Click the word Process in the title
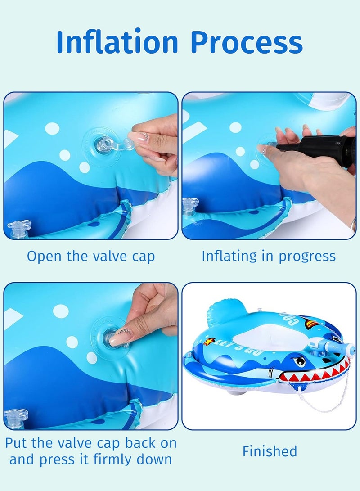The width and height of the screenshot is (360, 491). click(x=247, y=43)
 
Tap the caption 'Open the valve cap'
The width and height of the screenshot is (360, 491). click(x=91, y=256)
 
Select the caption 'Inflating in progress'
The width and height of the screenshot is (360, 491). click(x=269, y=256)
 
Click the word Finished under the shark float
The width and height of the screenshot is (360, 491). click(x=270, y=451)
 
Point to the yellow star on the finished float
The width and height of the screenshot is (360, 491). click(x=208, y=342)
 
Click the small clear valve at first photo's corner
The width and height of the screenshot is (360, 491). click(x=19, y=229)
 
